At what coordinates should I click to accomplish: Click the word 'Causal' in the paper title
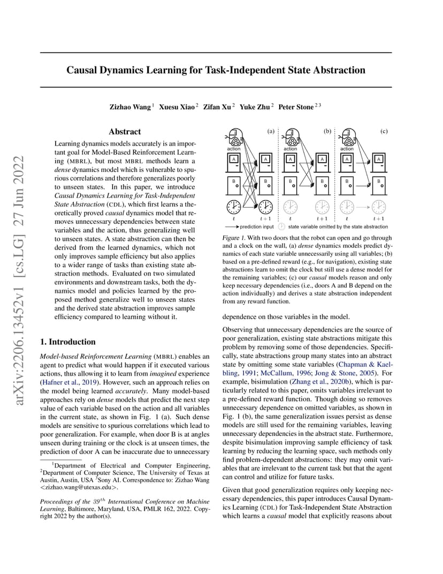point(84,70)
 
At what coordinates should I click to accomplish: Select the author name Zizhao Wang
point(130,107)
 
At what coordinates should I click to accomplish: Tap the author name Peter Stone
point(295,107)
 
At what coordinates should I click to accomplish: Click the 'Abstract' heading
point(125,132)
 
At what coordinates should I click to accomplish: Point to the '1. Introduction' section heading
point(68,342)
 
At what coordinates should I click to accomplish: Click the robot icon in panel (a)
point(234,138)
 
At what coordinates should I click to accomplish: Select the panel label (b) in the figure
point(327,131)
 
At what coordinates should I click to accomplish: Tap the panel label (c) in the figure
point(384,131)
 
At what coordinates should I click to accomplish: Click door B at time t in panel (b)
point(291,185)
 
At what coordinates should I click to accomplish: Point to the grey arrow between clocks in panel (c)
point(363,206)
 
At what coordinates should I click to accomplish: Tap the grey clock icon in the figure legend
point(282,227)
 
